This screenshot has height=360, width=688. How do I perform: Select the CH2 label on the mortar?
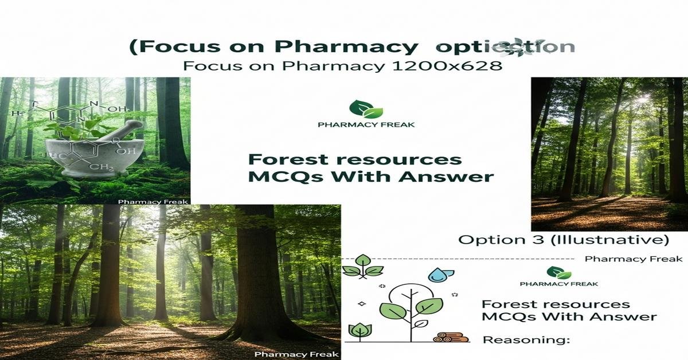[x=104, y=167]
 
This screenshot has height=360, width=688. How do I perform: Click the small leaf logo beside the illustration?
[x=558, y=272]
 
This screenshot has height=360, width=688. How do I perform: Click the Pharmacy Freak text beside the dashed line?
[x=633, y=259]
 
